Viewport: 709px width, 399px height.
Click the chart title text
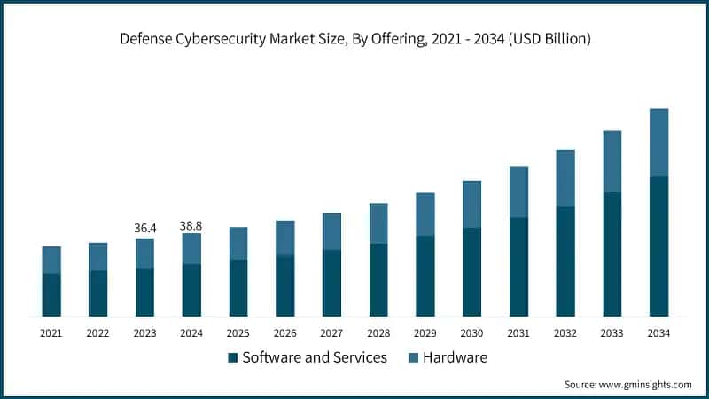(x=354, y=39)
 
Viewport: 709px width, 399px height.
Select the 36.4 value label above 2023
(x=144, y=228)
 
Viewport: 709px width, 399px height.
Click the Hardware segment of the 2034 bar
(x=658, y=143)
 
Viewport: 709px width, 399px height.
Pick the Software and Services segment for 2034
(x=658, y=246)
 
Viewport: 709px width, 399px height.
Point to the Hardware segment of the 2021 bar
(x=51, y=260)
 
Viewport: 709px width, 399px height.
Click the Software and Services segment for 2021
(x=51, y=294)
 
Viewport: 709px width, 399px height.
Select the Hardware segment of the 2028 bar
(x=378, y=223)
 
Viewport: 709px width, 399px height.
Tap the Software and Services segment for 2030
(x=471, y=271)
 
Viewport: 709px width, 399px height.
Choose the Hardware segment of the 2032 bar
(x=565, y=177)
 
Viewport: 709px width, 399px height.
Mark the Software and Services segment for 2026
(x=284, y=286)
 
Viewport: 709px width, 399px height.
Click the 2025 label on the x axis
(x=238, y=333)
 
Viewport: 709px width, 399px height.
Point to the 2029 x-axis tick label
(x=425, y=333)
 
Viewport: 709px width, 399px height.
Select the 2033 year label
(x=612, y=333)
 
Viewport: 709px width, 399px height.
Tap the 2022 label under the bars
(x=97, y=333)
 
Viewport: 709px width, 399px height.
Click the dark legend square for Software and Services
(x=233, y=358)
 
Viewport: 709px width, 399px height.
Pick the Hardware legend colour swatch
(x=413, y=358)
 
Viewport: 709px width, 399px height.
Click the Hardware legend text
(x=455, y=358)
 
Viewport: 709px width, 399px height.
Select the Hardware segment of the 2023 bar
(x=144, y=253)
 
